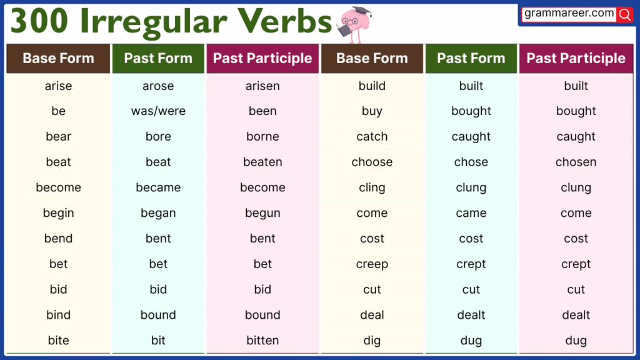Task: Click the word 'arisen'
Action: [x=262, y=86]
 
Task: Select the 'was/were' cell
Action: [x=158, y=111]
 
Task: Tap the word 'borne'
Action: [x=262, y=137]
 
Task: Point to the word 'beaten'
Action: [x=262, y=162]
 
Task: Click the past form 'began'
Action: [x=158, y=213]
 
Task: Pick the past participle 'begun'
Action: [x=262, y=213]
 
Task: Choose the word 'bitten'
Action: [x=262, y=341]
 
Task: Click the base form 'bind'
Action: [x=58, y=315]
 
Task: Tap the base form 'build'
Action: [x=372, y=86]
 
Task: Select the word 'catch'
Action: [x=372, y=137]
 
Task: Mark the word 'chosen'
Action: [x=576, y=162]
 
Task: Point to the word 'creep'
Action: [x=372, y=264]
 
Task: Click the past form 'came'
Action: [x=471, y=213]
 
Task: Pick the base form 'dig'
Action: [x=372, y=341]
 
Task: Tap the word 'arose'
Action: [x=158, y=86]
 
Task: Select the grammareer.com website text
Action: [x=569, y=13]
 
